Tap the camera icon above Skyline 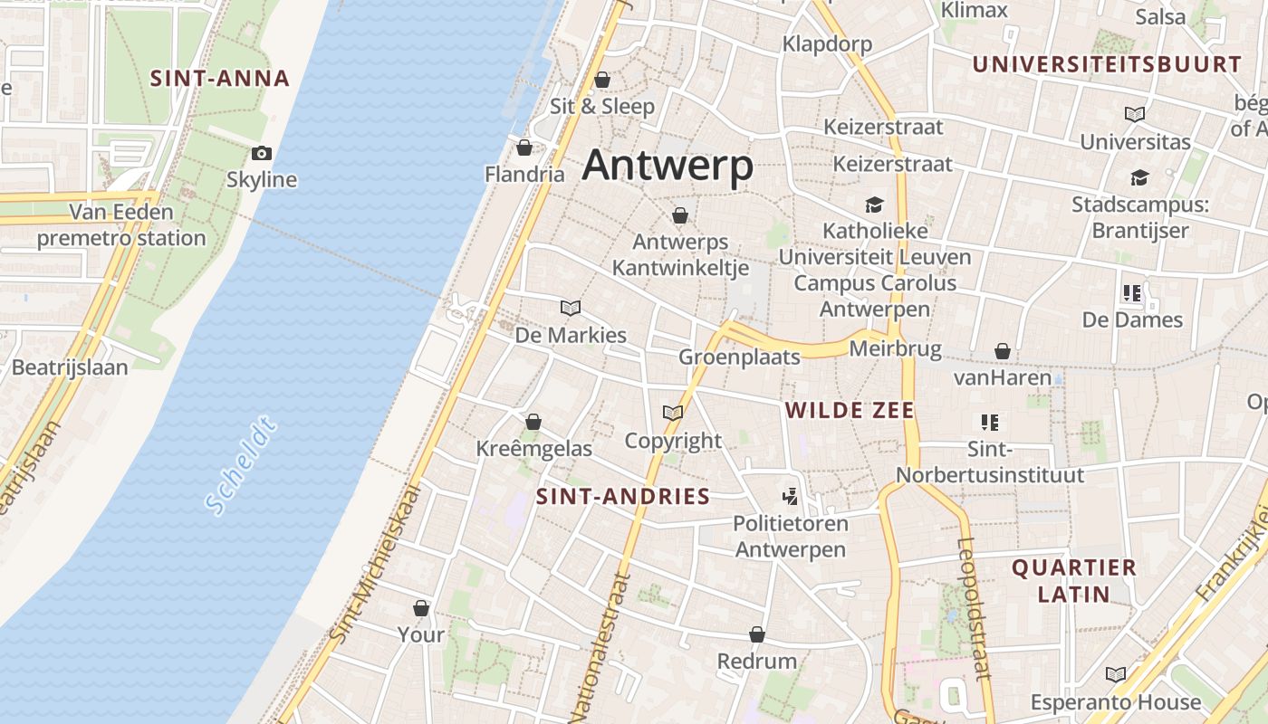coord(262,153)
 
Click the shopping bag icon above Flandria coord(524,148)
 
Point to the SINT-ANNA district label coord(220,79)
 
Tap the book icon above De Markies coord(571,308)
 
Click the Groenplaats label coord(739,357)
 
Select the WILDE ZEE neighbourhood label coord(850,411)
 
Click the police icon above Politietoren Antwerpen coord(791,496)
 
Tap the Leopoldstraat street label coord(974,608)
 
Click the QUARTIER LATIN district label coord(1074,581)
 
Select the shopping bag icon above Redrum coord(757,634)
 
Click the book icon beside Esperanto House coord(1116,674)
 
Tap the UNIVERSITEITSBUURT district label coord(1106,65)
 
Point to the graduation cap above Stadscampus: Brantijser coord(1139,177)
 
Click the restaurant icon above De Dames coord(1131,293)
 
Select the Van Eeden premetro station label coord(121,225)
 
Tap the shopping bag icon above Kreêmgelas coord(533,422)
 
